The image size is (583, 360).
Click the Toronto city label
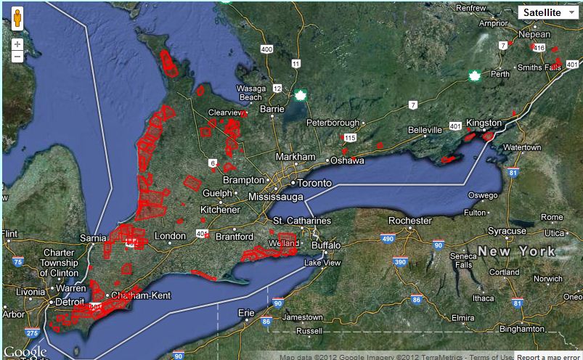[314, 183]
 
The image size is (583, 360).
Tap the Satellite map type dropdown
[549, 12]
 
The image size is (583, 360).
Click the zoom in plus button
[17, 44]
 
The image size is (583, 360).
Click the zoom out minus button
[17, 57]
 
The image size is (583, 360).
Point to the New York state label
[516, 252]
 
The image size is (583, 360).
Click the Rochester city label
[410, 221]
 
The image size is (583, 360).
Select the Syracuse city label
[507, 231]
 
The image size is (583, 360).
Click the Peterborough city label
[334, 123]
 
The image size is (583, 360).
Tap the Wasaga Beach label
[250, 94]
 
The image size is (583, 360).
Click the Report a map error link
[548, 356]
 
